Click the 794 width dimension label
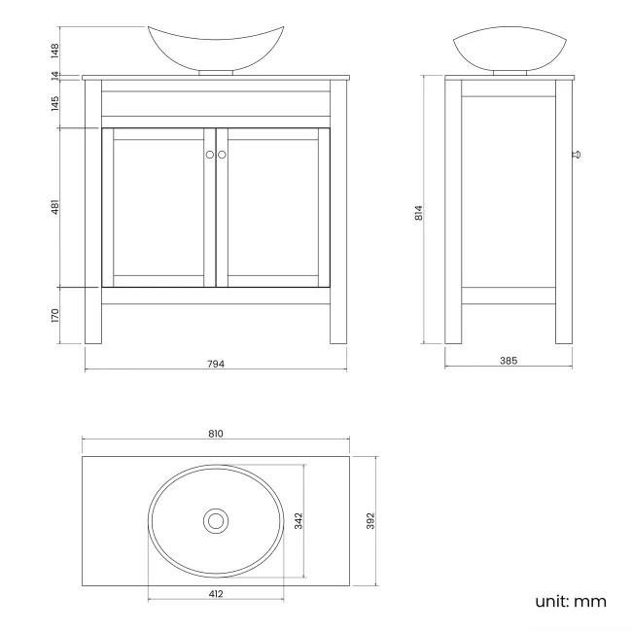tap(216, 364)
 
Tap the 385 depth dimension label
tap(508, 361)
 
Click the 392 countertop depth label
tap(370, 521)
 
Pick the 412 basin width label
tap(216, 593)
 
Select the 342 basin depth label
tap(298, 521)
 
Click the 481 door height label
tap(56, 208)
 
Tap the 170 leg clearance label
tap(56, 316)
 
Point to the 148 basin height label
tap(56, 49)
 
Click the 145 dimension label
tap(56, 102)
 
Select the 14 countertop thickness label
tap(56, 75)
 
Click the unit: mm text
tap(571, 601)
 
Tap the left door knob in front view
tap(209, 155)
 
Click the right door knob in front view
tap(222, 155)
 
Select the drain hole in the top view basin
tap(216, 521)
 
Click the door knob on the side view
tap(575, 154)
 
